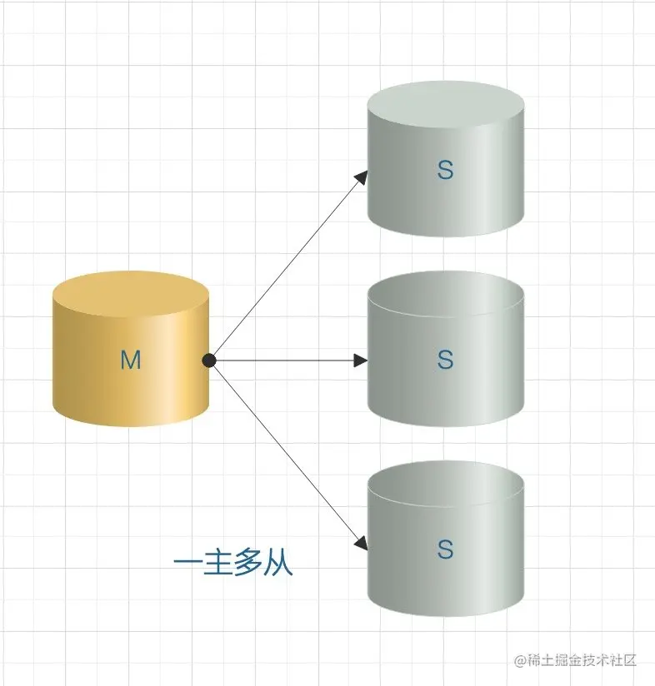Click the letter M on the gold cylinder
(131, 360)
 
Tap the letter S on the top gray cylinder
(445, 171)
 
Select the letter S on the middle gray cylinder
(445, 360)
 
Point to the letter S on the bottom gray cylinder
(445, 549)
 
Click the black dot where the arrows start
(209, 360)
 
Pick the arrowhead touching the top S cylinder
(362, 176)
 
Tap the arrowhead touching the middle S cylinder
(361, 360)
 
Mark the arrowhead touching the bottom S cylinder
(361, 544)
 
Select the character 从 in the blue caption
(278, 564)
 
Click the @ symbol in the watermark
(521, 660)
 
